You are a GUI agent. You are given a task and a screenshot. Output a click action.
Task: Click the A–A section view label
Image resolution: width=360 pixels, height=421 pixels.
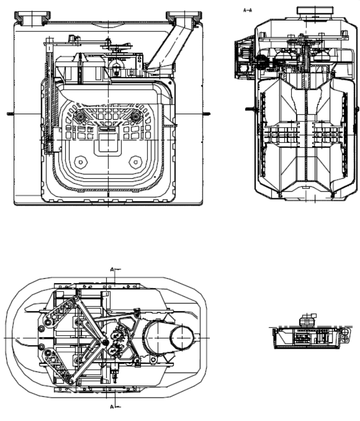[x=248, y=10]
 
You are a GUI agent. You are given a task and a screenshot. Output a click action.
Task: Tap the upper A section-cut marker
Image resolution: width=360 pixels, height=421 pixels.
[x=115, y=269]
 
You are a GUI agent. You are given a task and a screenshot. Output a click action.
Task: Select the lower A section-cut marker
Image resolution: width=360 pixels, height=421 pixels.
[x=115, y=407]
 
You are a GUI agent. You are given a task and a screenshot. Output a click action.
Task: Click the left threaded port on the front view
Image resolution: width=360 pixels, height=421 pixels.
[x=32, y=19]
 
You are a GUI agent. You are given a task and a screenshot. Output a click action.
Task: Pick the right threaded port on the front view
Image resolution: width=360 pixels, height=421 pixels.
[x=184, y=18]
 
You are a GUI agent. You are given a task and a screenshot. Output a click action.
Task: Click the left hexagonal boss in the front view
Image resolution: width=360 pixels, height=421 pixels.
[x=81, y=162]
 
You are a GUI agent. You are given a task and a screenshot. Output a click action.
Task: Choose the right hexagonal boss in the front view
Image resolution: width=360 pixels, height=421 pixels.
[x=135, y=162]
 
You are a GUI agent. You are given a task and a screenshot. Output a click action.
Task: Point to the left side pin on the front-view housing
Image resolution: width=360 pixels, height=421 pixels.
[x=11, y=114]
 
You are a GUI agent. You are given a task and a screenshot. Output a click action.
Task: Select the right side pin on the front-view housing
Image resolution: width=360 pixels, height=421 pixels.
[x=206, y=114]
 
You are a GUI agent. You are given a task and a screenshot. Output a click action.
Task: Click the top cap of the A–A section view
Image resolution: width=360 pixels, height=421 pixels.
[x=315, y=11]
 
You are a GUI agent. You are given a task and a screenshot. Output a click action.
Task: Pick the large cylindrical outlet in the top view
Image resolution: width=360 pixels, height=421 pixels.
[x=169, y=337]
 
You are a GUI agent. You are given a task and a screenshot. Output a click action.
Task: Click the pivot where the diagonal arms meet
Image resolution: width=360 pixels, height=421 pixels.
[x=105, y=342]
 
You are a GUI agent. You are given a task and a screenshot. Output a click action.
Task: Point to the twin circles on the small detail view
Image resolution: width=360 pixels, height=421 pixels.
[x=345, y=336]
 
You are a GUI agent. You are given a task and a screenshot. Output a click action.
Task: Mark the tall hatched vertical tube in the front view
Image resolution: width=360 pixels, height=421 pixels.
[x=50, y=96]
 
